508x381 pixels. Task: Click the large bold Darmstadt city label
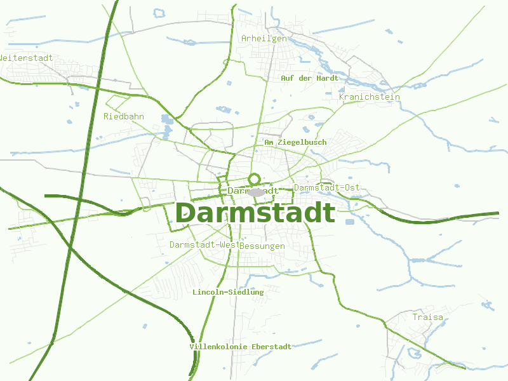(x=255, y=213)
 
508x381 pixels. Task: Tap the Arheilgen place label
(x=264, y=39)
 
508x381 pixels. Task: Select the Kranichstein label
(x=370, y=97)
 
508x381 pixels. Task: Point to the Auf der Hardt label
(x=309, y=78)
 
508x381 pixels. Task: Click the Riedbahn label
(x=124, y=116)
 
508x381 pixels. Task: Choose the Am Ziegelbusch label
(x=295, y=142)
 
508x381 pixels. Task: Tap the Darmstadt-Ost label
(x=326, y=187)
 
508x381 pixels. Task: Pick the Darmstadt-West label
(x=204, y=244)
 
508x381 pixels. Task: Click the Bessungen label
(x=263, y=246)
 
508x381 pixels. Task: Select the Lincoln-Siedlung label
(x=228, y=292)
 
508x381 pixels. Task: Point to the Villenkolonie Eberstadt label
(x=241, y=347)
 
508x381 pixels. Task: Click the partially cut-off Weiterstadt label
(x=26, y=58)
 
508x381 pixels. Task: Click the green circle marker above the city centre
(x=255, y=179)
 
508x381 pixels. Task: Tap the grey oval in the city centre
(x=256, y=192)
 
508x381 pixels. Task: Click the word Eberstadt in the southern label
(x=272, y=347)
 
